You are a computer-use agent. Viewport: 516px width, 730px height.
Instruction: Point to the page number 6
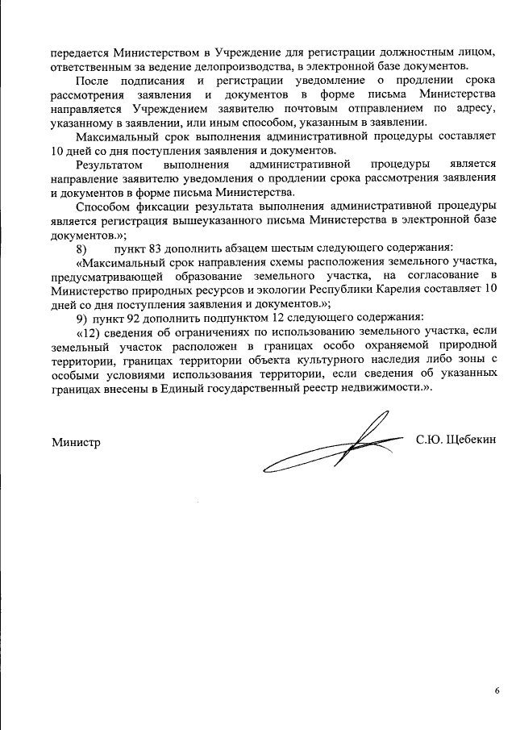tap(497, 690)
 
